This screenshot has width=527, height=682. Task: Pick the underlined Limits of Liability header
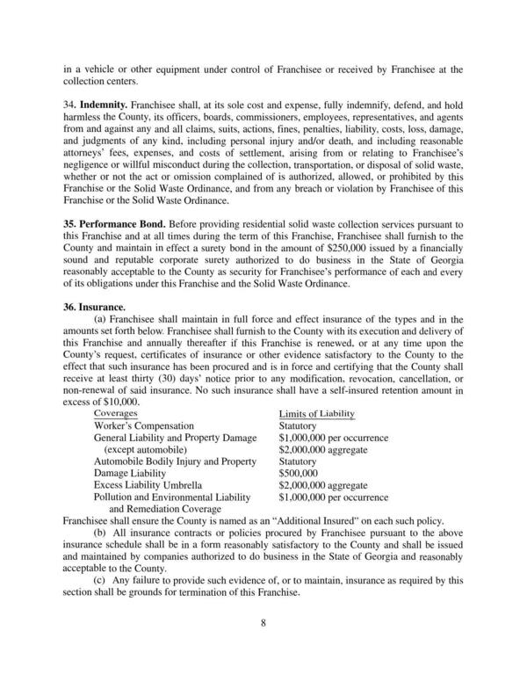point(315,413)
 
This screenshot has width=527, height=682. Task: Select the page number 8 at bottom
point(263,623)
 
